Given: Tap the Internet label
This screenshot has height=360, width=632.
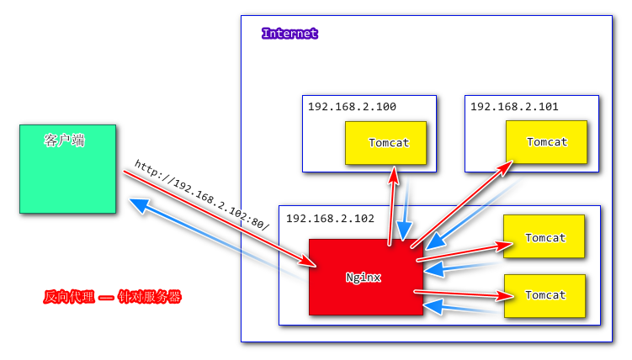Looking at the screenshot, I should [289, 34].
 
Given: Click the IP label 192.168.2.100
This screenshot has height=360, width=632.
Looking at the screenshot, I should [352, 107].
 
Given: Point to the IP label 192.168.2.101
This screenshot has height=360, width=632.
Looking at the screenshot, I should [514, 107].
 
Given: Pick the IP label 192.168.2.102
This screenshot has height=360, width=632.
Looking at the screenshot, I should [330, 218].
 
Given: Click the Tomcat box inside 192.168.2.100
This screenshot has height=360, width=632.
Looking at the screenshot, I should [388, 143].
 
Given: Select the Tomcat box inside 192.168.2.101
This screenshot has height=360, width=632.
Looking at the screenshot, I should [546, 142].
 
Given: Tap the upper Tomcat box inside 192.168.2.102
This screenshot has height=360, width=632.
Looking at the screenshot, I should [545, 238].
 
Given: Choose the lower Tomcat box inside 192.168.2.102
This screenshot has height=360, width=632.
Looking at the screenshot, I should [544, 295].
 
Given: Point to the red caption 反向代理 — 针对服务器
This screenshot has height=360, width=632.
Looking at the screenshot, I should [112, 297].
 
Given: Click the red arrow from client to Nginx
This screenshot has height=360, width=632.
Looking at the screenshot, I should [219, 218].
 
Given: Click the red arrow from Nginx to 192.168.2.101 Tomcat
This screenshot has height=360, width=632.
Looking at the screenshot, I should [463, 202].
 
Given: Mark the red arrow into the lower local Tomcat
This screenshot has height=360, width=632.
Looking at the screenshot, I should [463, 294].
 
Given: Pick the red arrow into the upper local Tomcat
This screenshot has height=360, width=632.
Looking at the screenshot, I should [463, 253].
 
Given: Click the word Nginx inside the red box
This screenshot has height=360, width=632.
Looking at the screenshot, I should [364, 277].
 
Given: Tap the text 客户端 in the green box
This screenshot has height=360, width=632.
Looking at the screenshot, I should [64, 140].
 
